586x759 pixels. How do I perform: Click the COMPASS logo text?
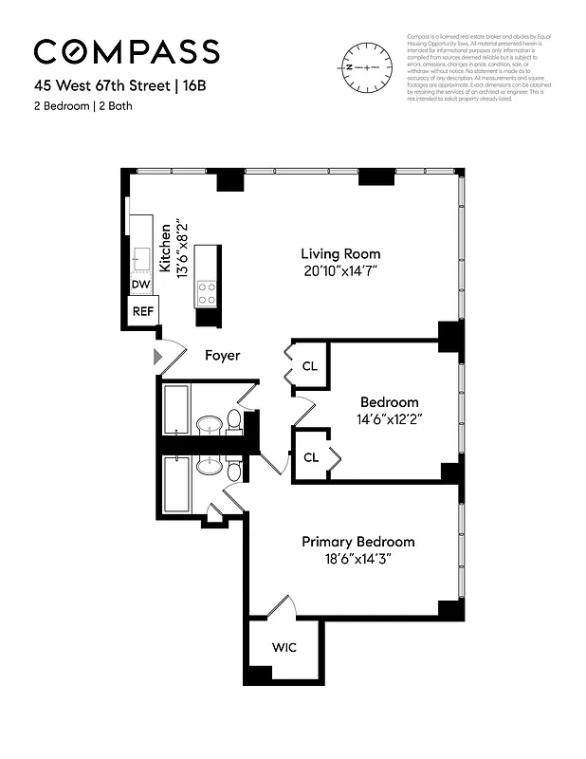pos(127,52)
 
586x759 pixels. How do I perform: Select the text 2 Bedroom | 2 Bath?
pos(83,105)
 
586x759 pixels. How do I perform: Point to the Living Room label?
pos(340,253)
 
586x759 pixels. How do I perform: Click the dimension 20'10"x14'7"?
pos(340,271)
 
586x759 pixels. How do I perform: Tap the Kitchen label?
pos(167,249)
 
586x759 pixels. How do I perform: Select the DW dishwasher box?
pos(140,285)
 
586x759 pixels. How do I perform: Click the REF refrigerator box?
pos(143,310)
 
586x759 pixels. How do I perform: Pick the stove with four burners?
pos(206,294)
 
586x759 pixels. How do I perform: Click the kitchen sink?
pos(141,257)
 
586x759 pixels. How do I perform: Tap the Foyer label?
pos(223,356)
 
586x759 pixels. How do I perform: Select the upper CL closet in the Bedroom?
pos(310,366)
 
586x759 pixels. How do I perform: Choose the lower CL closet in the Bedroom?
pos(310,456)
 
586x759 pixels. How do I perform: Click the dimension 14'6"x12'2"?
pos(389,418)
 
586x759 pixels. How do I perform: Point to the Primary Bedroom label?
pos(357,541)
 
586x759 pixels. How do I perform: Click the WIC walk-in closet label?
pos(284,648)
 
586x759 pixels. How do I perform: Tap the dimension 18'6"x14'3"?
pos(357,559)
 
